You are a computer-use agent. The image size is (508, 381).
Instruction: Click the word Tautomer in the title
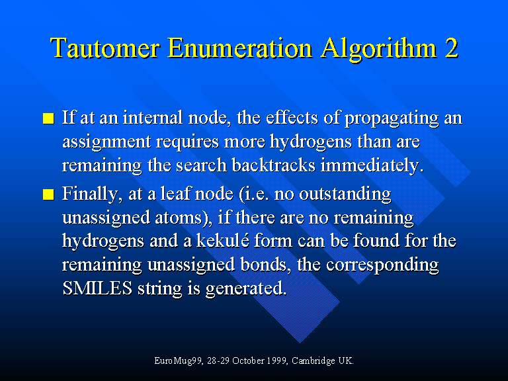point(105,48)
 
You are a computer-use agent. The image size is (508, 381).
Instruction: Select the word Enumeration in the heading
point(239,48)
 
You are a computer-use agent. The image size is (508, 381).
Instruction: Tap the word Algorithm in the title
point(378,49)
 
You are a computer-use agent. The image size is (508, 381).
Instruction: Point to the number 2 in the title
point(451,48)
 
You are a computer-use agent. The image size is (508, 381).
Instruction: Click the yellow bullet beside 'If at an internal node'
point(48,118)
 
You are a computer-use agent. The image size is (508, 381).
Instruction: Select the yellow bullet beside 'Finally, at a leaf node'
point(48,194)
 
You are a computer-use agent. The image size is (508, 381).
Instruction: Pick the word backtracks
point(273,165)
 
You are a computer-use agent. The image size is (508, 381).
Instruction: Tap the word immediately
point(372,166)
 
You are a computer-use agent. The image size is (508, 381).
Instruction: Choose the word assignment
point(106,143)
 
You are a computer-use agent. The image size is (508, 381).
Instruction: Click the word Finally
point(90,194)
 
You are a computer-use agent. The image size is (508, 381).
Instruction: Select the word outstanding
point(345,194)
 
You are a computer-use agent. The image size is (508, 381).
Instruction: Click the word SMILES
point(97,288)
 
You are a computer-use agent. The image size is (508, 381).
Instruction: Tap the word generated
point(246,288)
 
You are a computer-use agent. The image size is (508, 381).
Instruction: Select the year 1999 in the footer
point(275,360)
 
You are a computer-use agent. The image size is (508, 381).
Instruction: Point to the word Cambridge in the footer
point(314,361)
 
